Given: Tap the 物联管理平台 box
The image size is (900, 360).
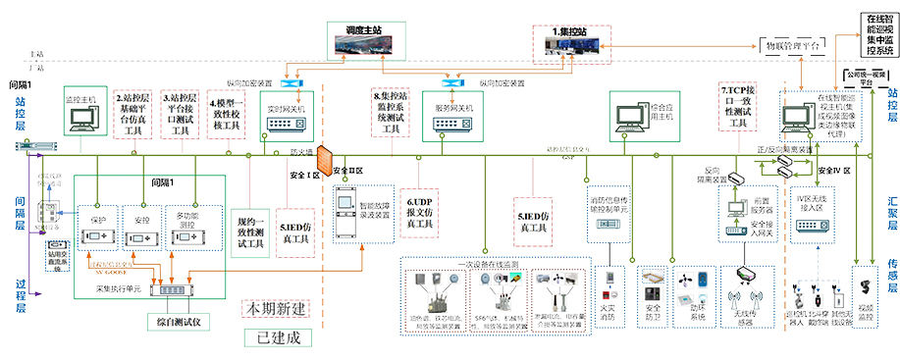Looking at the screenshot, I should point(793,45).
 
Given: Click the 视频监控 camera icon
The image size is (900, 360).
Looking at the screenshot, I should point(865,294).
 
